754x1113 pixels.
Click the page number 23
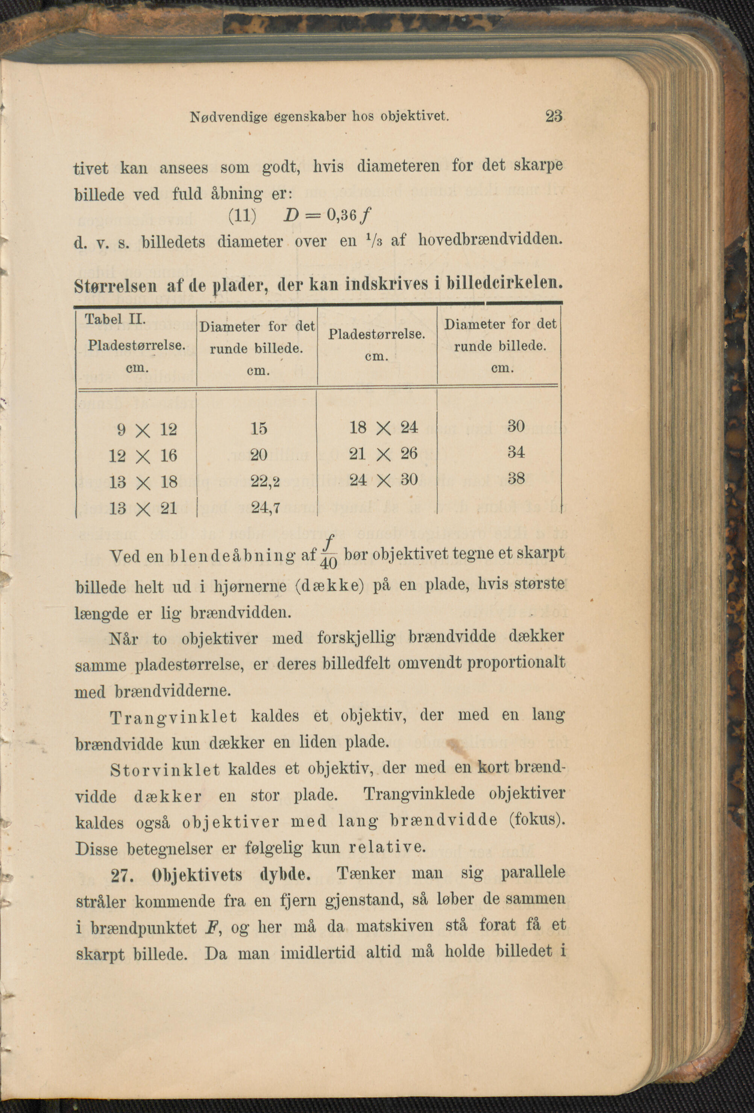pos(554,116)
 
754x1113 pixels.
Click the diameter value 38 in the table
pos(516,479)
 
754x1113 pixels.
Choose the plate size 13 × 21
pos(143,509)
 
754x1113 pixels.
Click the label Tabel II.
pos(115,319)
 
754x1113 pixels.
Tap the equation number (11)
pos(242,216)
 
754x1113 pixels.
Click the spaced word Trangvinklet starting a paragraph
pos(173,718)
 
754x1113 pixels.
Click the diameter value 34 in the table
pos(516,452)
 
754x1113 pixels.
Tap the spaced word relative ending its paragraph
pos(386,848)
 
